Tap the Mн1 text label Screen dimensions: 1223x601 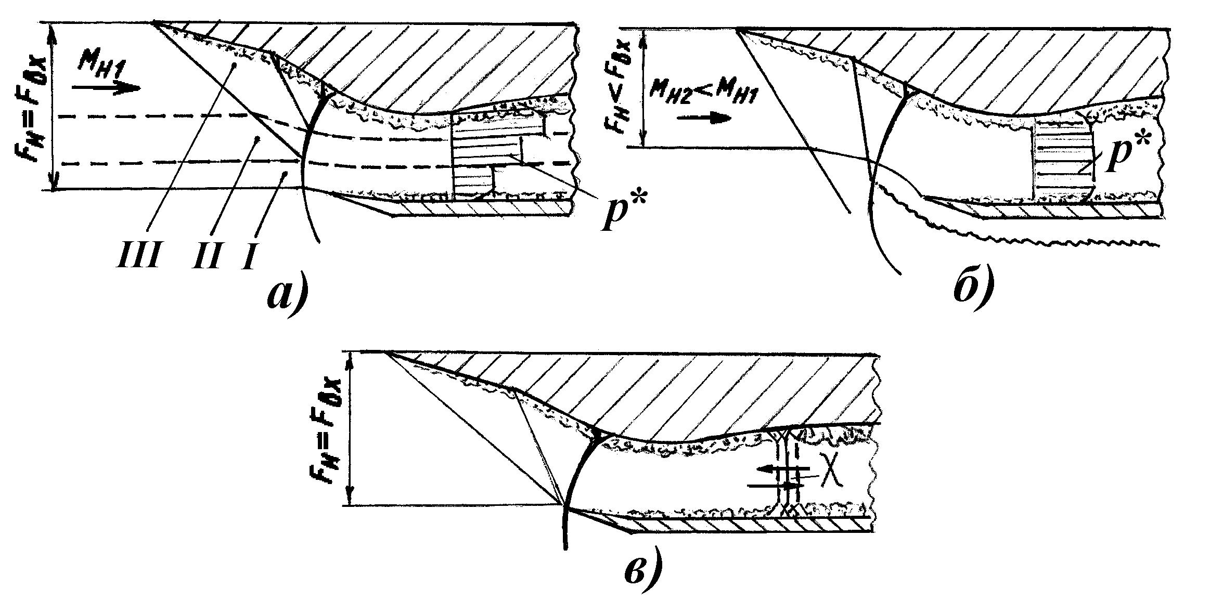pyautogui.click(x=101, y=67)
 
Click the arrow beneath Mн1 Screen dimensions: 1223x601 pyautogui.click(x=106, y=87)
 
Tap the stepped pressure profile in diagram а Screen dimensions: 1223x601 pyautogui.click(x=499, y=155)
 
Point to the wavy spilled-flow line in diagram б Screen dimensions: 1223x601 pyautogui.click(x=1014, y=221)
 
